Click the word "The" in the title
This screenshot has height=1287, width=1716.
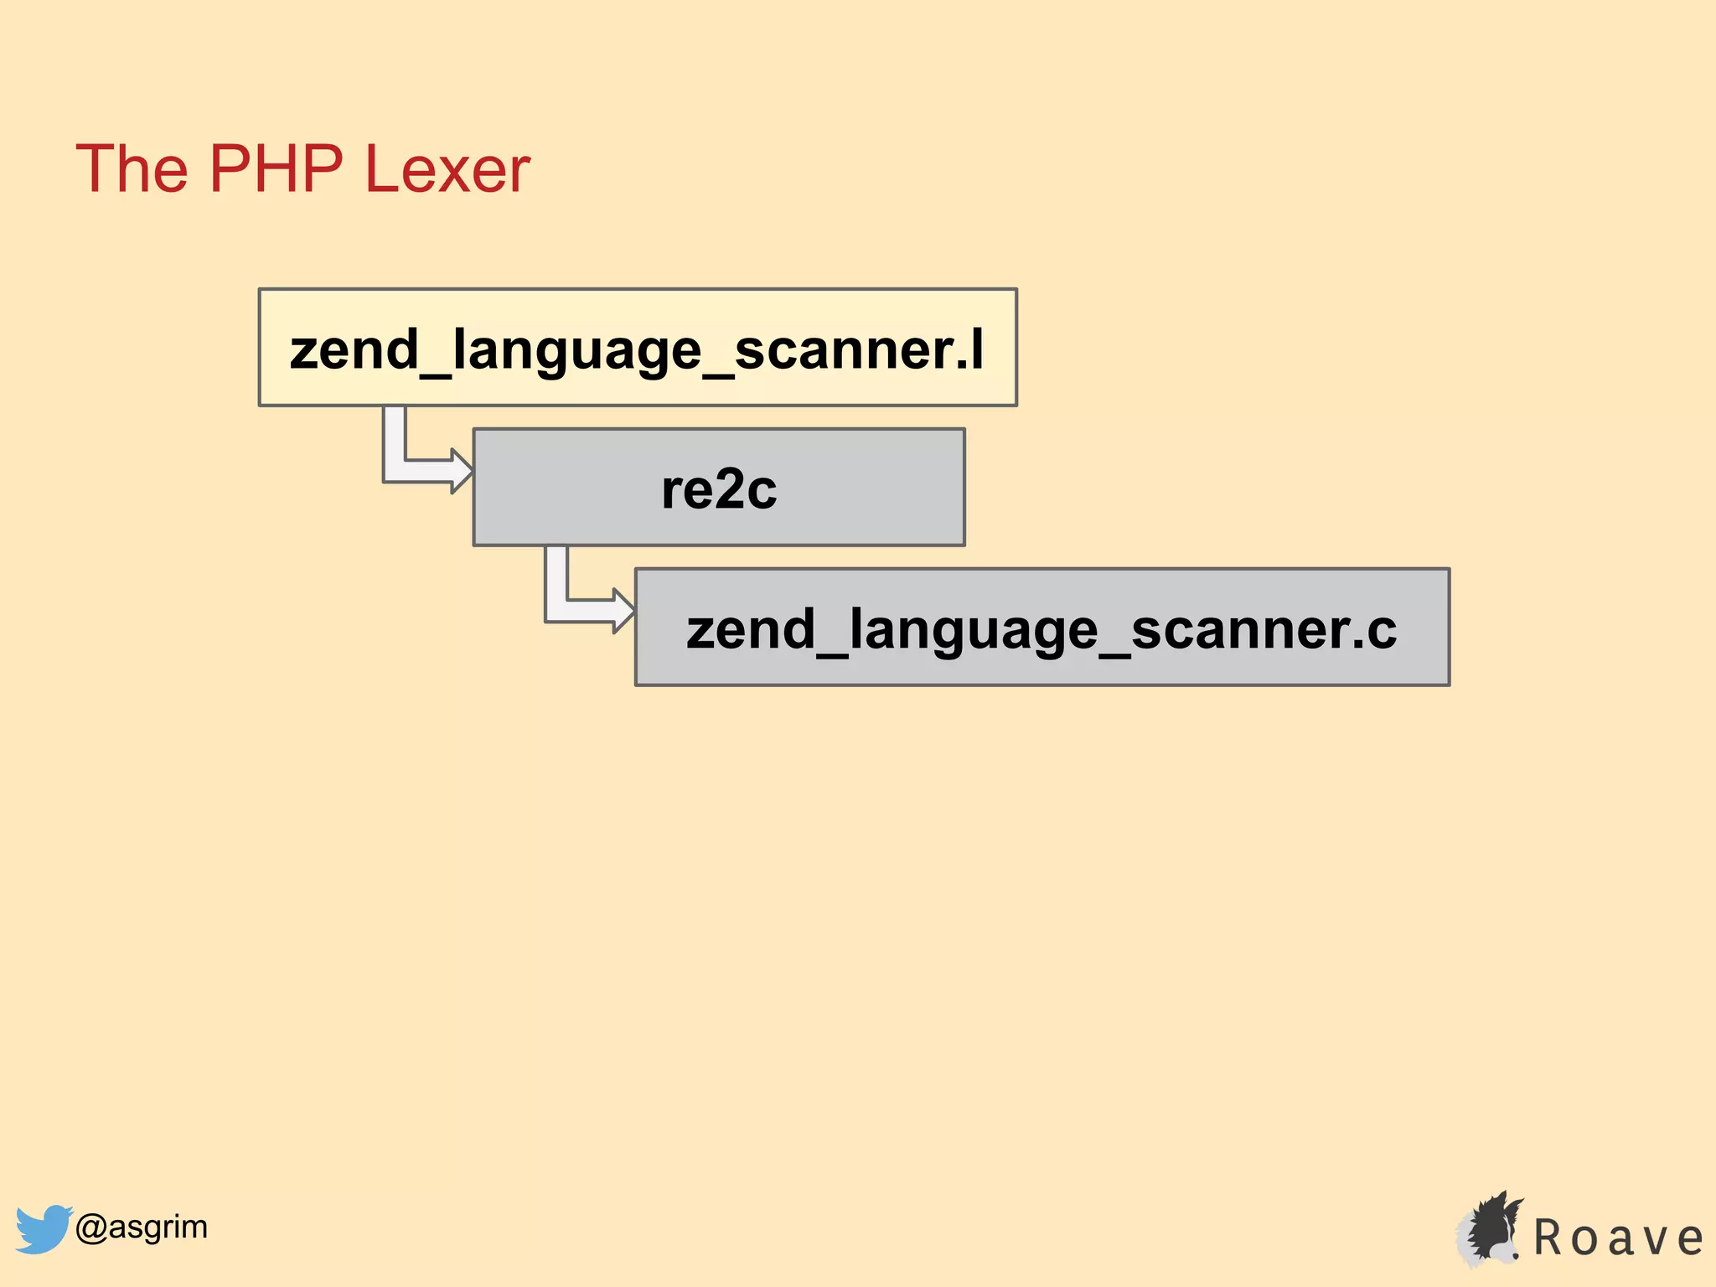tap(132, 168)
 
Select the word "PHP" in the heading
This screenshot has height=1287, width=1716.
tap(276, 168)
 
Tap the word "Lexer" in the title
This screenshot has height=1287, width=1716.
tap(447, 170)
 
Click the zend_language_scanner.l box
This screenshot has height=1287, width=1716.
tap(638, 348)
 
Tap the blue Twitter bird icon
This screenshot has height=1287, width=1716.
tap(43, 1228)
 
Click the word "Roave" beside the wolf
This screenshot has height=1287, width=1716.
tap(1618, 1238)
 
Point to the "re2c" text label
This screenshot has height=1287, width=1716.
tap(719, 489)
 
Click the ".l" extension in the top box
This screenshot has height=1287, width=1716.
tap(971, 350)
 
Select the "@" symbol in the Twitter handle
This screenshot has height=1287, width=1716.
tap(90, 1228)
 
